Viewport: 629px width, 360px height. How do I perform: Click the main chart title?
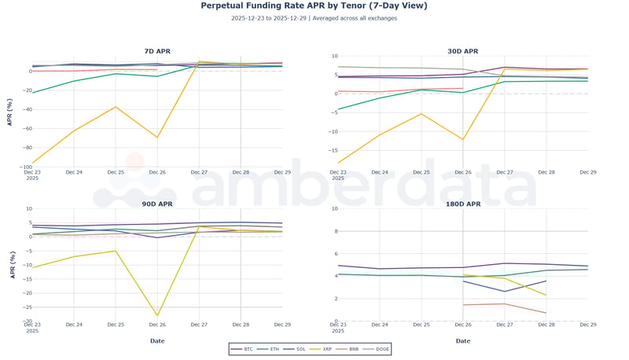point(314,6)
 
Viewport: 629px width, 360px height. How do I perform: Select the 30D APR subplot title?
point(462,51)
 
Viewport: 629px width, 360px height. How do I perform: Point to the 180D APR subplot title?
point(462,204)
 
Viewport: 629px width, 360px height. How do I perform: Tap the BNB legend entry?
point(355,348)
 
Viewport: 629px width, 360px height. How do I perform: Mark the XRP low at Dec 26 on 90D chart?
point(157,315)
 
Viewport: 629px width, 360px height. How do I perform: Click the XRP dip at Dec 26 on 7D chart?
point(157,138)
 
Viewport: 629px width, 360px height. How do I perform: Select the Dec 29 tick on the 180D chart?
point(587,325)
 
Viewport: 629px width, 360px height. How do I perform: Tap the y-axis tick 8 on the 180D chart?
point(334,231)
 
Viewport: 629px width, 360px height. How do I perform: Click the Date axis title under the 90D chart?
point(157,340)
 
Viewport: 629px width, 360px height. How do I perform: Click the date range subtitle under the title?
point(314,18)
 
